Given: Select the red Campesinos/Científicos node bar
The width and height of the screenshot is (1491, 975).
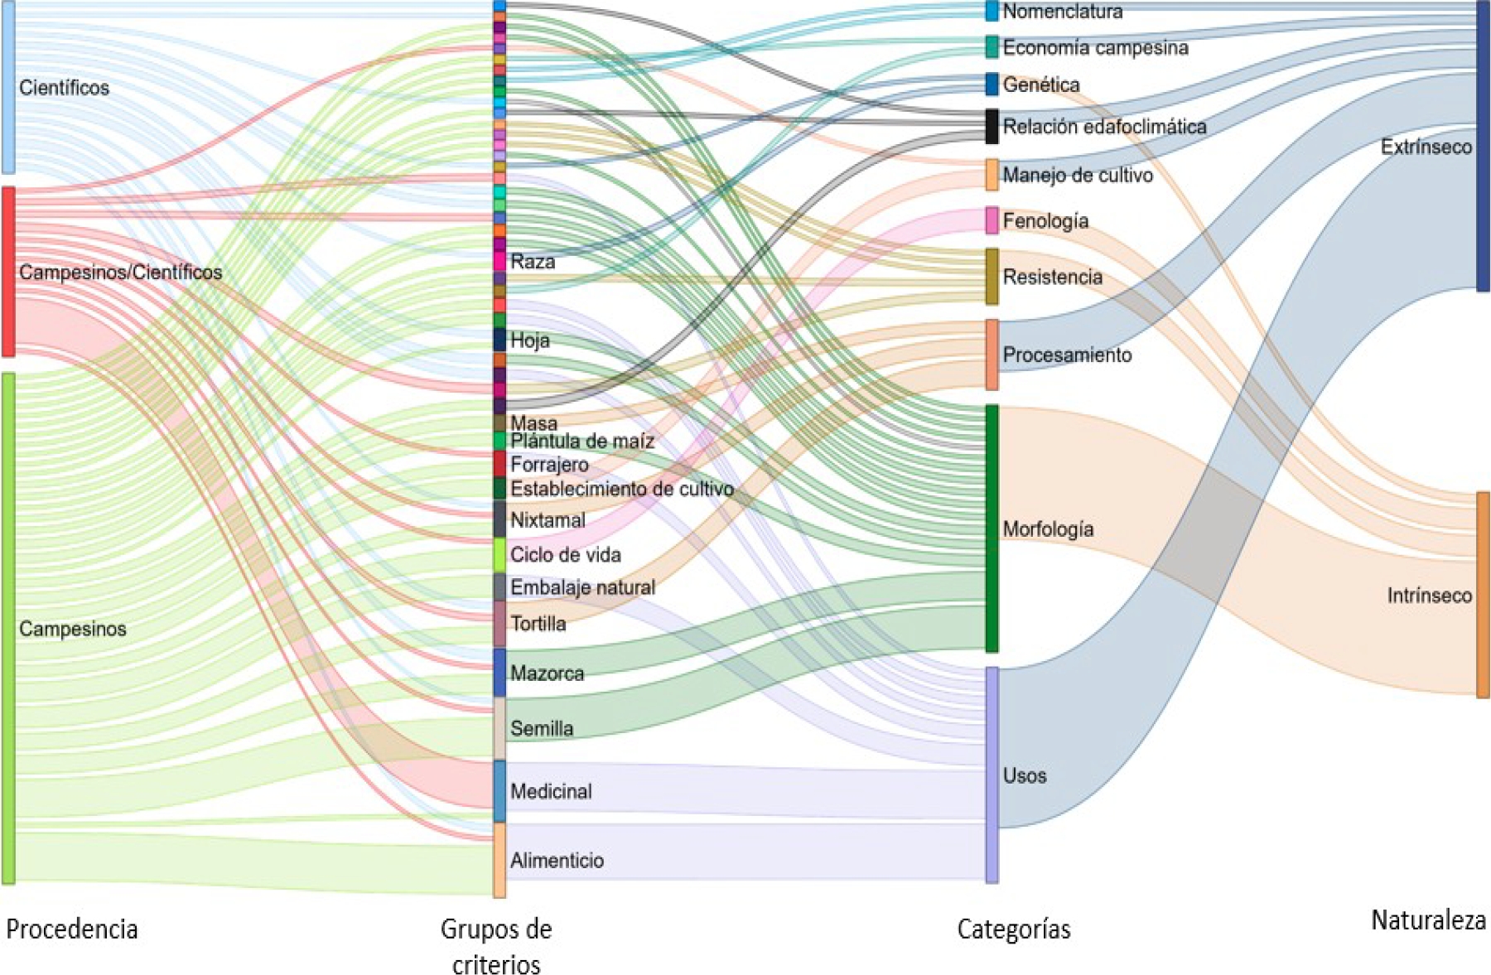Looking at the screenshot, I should point(8,272).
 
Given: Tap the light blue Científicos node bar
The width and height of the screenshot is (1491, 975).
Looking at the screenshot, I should point(8,87).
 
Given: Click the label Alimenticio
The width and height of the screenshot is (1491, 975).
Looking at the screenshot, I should point(557,861).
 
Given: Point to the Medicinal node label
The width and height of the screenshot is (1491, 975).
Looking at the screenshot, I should point(551,791).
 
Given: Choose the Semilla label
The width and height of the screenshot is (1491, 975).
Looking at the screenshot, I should point(542,728).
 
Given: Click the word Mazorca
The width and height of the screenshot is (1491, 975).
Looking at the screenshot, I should point(547,673).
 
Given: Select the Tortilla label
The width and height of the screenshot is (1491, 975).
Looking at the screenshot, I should point(538,623).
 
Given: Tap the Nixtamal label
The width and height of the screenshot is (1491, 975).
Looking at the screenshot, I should point(548,520).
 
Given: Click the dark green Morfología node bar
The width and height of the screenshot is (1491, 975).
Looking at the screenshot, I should point(992,528).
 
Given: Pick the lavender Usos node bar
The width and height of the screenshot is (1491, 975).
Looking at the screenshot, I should point(992,775).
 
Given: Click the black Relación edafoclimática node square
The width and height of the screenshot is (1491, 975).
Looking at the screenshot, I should point(992,126).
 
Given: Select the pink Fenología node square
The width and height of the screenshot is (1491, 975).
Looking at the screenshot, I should point(992,220).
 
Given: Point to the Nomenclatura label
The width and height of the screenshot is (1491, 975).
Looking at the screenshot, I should point(1063,12).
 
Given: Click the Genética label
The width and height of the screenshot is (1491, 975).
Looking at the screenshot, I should point(1041,84).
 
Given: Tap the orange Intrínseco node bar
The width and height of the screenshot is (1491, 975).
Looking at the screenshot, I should point(1483,595).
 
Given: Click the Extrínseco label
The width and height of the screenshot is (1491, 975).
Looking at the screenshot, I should point(1426,147).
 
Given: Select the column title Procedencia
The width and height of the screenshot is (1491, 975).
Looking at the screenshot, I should point(72,929).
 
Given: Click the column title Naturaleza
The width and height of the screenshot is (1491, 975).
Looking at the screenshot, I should point(1428,919).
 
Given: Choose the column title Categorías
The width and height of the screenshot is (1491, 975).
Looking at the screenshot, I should point(1013,929).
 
